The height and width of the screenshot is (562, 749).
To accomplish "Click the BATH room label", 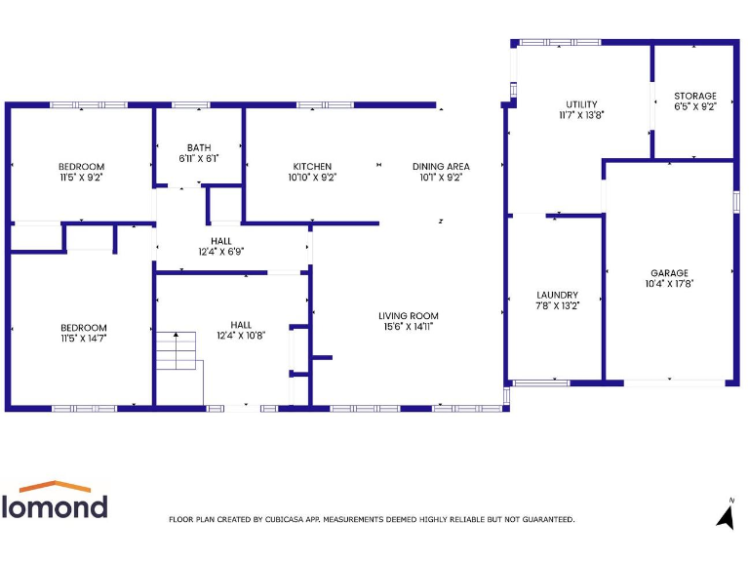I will tap(198, 146).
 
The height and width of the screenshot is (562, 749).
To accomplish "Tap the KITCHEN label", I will tap(312, 167).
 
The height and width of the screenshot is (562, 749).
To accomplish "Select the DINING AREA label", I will tap(441, 167).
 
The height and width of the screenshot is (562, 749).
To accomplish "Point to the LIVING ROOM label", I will tap(409, 316).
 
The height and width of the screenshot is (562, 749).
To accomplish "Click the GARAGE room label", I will tap(669, 273).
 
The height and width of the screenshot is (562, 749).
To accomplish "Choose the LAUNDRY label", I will tap(557, 295).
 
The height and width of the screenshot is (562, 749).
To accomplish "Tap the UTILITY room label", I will tap(581, 104).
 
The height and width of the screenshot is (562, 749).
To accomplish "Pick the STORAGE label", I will tap(694, 97).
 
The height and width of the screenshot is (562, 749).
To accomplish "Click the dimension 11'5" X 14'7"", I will tap(83, 339).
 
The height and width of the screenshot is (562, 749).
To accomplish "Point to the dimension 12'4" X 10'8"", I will tap(241, 336).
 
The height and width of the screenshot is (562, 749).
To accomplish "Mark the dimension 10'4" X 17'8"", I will tap(669, 284).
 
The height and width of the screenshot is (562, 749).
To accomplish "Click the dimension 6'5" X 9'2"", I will tap(694, 107).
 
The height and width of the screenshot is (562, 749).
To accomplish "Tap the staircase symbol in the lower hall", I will tap(177, 353).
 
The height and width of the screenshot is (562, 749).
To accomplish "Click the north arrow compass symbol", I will tap(726, 514).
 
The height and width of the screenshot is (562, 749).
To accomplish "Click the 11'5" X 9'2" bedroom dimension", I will tap(81, 178).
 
